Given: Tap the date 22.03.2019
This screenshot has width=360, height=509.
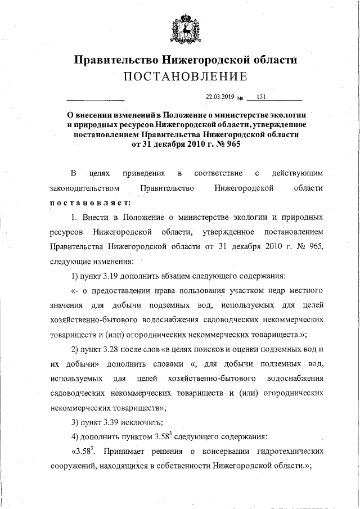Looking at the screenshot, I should pos(219,96).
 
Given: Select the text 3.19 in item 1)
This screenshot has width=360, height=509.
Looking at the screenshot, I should pos(110,276).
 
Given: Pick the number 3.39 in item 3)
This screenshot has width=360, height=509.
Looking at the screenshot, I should pos(110,422).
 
